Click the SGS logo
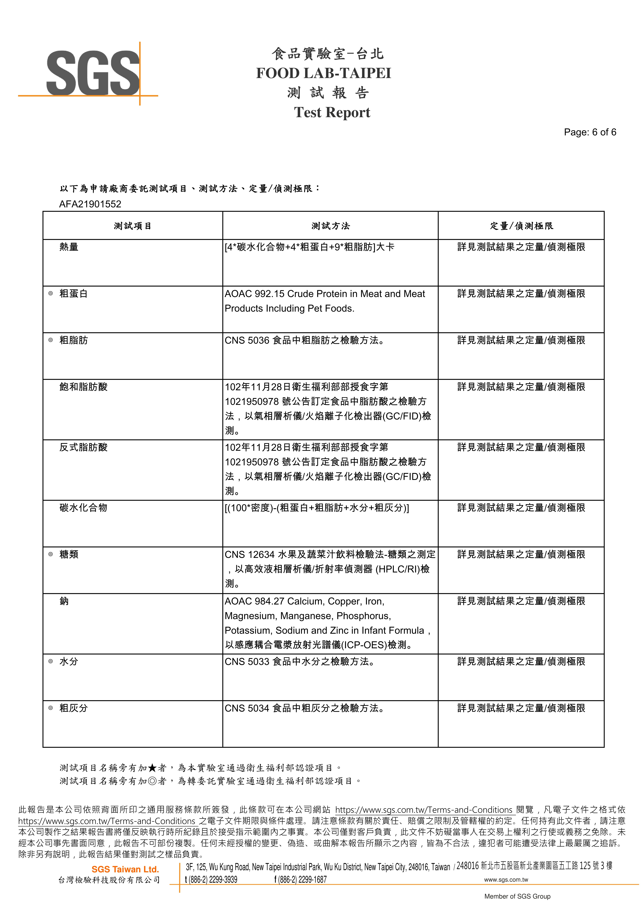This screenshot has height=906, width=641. click(x=93, y=73)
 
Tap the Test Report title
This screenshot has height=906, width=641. click(x=332, y=113)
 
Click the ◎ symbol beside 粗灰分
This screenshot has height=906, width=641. click(x=51, y=708)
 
